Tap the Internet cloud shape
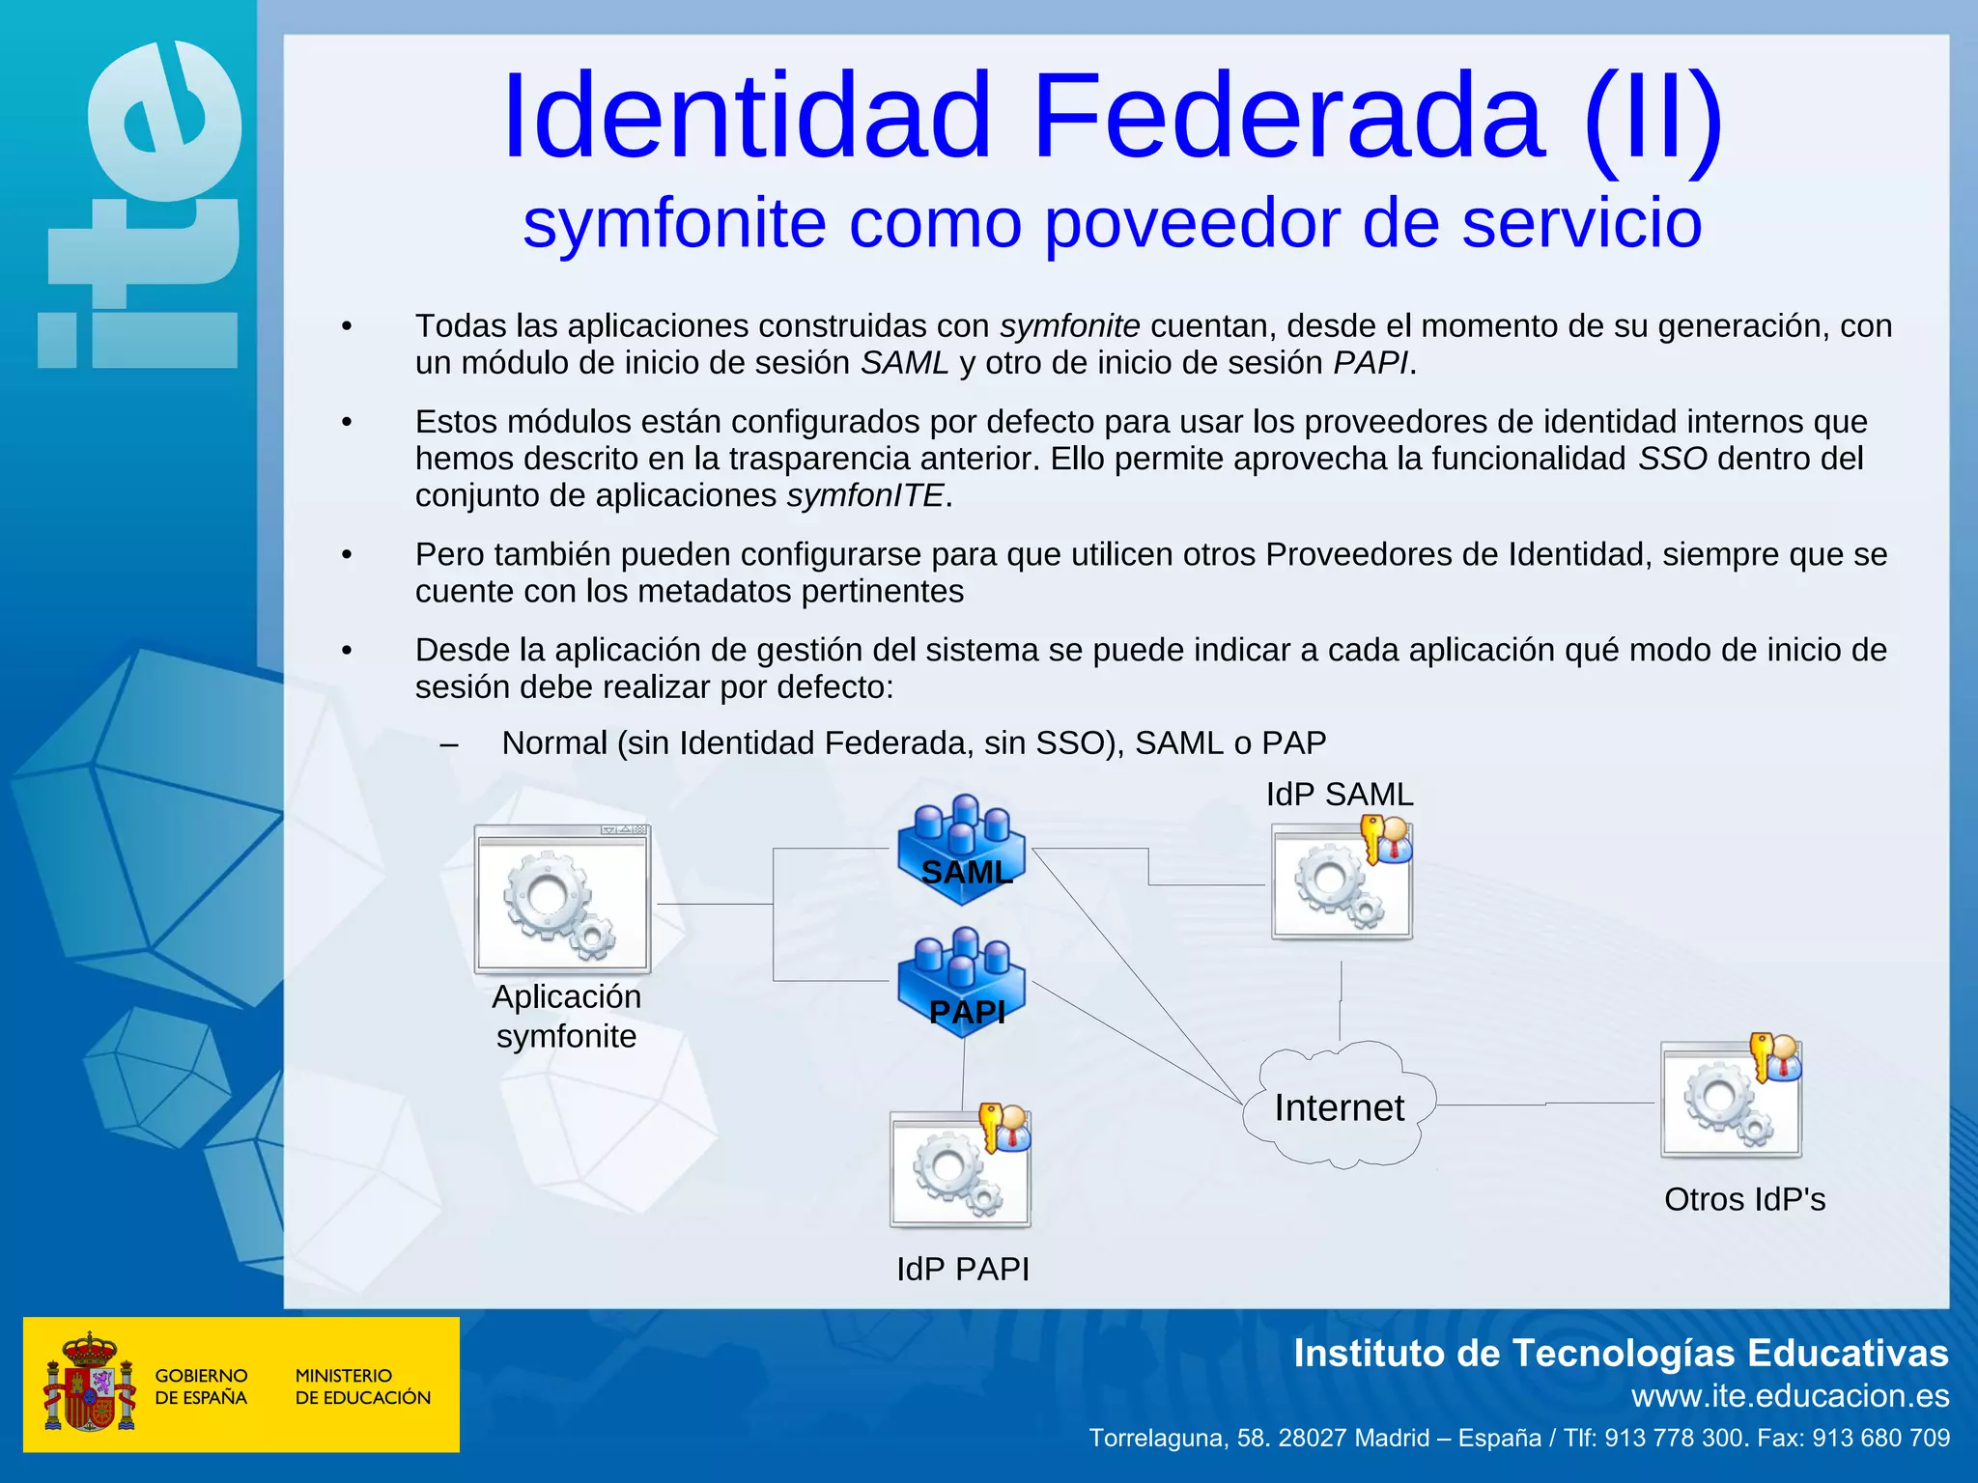[1339, 1106]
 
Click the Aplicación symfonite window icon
[563, 900]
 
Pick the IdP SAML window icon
[1342, 881]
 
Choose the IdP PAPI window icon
[961, 1168]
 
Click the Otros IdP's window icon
[1731, 1099]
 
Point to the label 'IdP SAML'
[1340, 795]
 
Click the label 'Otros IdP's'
[1744, 1199]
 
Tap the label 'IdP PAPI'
[963, 1269]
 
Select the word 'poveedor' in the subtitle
[1192, 224]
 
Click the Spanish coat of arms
[90, 1383]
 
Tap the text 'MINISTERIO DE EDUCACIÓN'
[362, 1386]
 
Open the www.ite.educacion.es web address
[1790, 1396]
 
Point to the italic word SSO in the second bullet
[1673, 459]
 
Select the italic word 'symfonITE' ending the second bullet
[865, 495]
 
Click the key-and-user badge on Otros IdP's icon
[1775, 1058]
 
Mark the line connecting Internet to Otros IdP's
[1545, 1104]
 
